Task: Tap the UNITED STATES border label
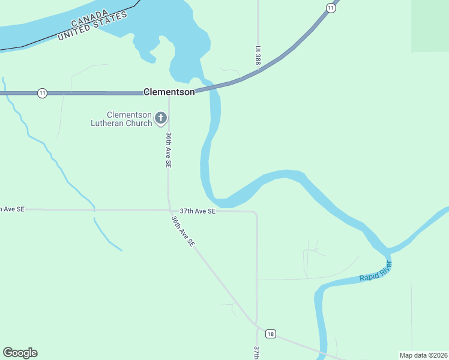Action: [93, 26]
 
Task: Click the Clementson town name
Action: [169, 92]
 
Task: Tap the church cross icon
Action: [161, 118]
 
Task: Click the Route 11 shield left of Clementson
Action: [42, 93]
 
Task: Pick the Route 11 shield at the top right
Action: [331, 7]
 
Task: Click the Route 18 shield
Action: [271, 334]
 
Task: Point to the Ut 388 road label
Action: [258, 56]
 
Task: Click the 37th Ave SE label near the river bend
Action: [197, 211]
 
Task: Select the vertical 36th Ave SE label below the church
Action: [169, 149]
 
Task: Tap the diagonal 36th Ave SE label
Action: [182, 232]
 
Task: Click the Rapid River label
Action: [375, 271]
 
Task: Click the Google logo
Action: [20, 353]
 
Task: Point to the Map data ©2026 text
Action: [423, 355]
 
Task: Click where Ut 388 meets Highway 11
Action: [258, 70]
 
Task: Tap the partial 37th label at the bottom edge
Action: [257, 352]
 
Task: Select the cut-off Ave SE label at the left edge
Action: [12, 209]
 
